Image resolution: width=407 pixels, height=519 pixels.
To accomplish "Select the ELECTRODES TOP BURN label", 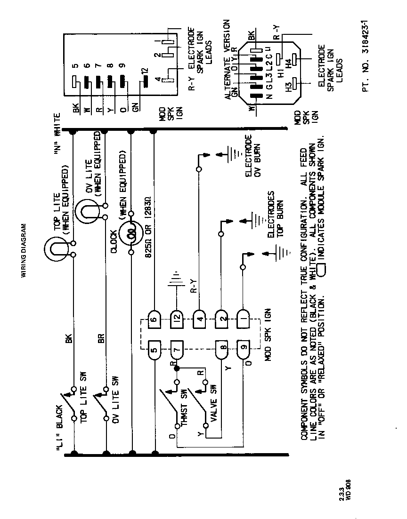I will pos(276,217).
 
